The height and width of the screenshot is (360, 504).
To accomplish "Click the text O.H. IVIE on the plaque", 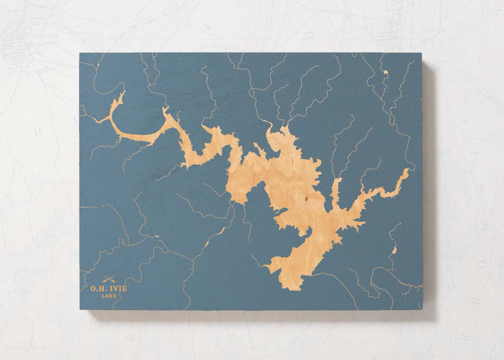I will click(x=108, y=289).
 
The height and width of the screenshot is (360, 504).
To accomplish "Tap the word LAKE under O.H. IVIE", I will click(x=108, y=296).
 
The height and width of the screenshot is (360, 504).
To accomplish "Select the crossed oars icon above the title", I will click(x=109, y=280).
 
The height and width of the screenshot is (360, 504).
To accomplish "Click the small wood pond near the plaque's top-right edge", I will click(x=385, y=72).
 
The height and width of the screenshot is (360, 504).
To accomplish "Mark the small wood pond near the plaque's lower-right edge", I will click(x=394, y=251).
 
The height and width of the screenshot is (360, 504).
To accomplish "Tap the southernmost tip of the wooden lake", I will click(x=294, y=289).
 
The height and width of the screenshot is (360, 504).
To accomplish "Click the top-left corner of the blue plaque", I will click(x=80, y=53).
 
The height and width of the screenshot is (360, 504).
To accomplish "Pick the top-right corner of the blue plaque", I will click(x=422, y=53).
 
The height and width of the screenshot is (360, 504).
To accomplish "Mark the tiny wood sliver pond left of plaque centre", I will click(x=156, y=236).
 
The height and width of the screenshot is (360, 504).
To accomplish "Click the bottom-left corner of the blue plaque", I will click(x=80, y=309).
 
